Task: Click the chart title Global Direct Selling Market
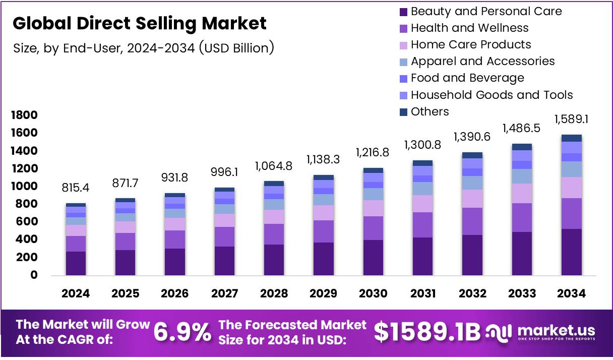(139, 23)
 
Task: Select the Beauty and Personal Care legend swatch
(403, 12)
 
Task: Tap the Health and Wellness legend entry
(469, 28)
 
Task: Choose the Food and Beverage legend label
(467, 78)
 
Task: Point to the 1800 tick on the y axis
(24, 115)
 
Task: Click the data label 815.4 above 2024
(76, 189)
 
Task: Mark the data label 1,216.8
(372, 152)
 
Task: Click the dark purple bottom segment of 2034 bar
(571, 252)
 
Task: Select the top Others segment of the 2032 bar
(472, 155)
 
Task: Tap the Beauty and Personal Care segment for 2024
(76, 263)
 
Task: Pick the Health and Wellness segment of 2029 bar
(323, 231)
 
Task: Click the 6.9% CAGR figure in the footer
(182, 332)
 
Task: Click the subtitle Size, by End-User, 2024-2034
(143, 48)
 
